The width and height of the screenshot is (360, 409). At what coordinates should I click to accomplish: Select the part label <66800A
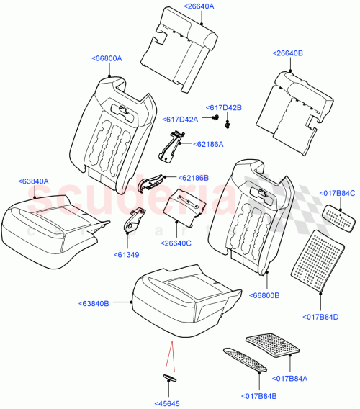point(107,58)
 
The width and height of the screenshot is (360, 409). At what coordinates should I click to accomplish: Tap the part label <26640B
point(288,53)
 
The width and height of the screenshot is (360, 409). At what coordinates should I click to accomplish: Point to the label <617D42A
point(180,120)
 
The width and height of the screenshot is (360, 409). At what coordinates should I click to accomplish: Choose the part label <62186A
point(208,145)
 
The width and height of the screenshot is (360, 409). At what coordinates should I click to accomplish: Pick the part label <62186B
point(192,177)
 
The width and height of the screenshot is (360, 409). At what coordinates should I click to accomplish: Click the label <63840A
point(34,183)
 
